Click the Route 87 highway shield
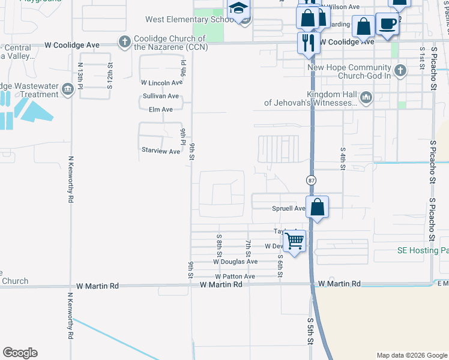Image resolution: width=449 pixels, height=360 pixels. click(311, 180)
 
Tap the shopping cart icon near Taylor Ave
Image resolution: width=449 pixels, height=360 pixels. click(294, 241)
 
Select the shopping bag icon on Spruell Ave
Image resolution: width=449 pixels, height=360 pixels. click(318, 208)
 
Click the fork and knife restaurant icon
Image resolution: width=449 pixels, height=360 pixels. click(309, 43)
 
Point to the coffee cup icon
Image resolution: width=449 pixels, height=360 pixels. click(387, 24)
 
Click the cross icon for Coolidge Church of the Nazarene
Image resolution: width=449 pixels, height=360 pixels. click(124, 41)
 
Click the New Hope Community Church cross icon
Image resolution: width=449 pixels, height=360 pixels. click(400, 71)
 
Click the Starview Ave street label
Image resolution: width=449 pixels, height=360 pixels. click(160, 151)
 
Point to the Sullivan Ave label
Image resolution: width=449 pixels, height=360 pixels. click(160, 96)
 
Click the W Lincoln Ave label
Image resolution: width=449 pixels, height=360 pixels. click(161, 83)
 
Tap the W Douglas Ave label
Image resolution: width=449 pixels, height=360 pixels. click(235, 262)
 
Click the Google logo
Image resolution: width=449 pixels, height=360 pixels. click(20, 353)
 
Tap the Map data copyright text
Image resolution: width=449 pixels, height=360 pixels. click(411, 355)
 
